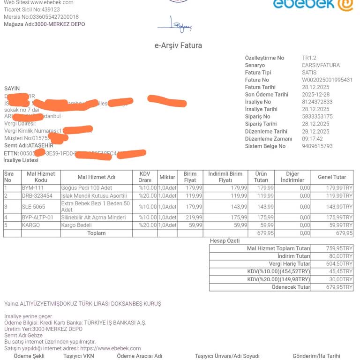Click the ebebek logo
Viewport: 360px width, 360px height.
point(313,4)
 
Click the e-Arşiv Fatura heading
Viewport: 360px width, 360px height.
point(178,45)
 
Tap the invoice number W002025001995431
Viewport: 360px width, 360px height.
point(327,80)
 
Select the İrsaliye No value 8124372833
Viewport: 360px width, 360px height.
point(317,102)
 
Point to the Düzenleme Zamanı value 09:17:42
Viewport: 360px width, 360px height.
point(312,139)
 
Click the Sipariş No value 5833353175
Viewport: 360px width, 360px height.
point(317,117)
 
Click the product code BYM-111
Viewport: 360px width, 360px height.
point(33,187)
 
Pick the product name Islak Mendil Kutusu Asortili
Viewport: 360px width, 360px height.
point(94,195)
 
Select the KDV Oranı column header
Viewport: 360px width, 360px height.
point(145,177)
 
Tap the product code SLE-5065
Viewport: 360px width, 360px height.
point(33,206)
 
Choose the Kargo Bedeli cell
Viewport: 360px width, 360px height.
point(77,225)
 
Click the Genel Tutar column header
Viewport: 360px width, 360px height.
point(332,177)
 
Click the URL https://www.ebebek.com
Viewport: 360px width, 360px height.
point(110,348)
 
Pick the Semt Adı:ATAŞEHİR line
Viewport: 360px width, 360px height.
point(29,145)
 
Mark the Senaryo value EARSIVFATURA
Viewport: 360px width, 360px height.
point(321,65)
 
